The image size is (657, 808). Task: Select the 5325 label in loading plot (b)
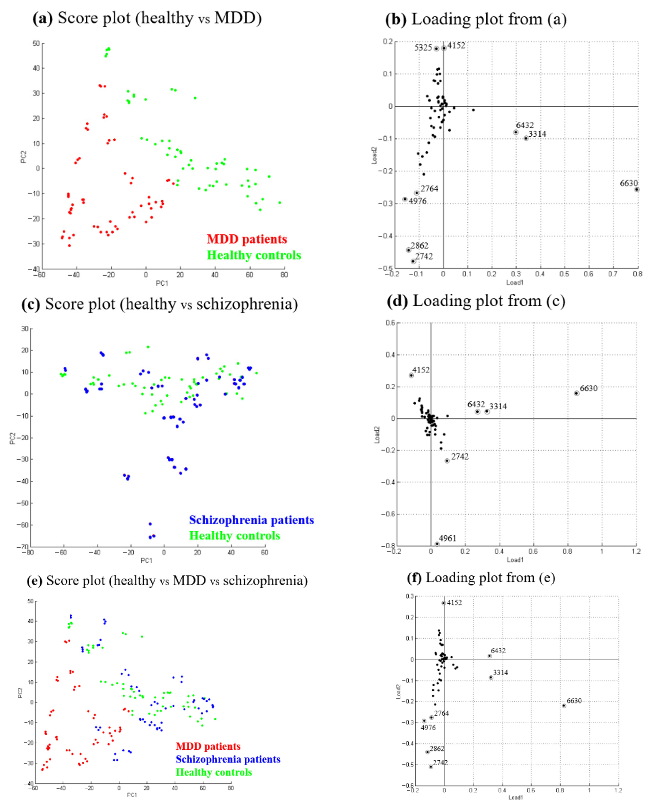point(423,48)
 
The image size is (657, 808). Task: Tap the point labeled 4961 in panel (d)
point(437,544)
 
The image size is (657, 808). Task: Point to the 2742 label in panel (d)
point(460,456)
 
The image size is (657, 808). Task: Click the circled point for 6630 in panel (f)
point(564,706)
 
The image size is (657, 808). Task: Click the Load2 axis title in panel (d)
point(377,435)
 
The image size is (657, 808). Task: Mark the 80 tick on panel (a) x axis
point(284,275)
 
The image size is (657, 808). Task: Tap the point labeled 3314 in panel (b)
point(526,138)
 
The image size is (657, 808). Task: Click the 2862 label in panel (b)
point(419,245)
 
